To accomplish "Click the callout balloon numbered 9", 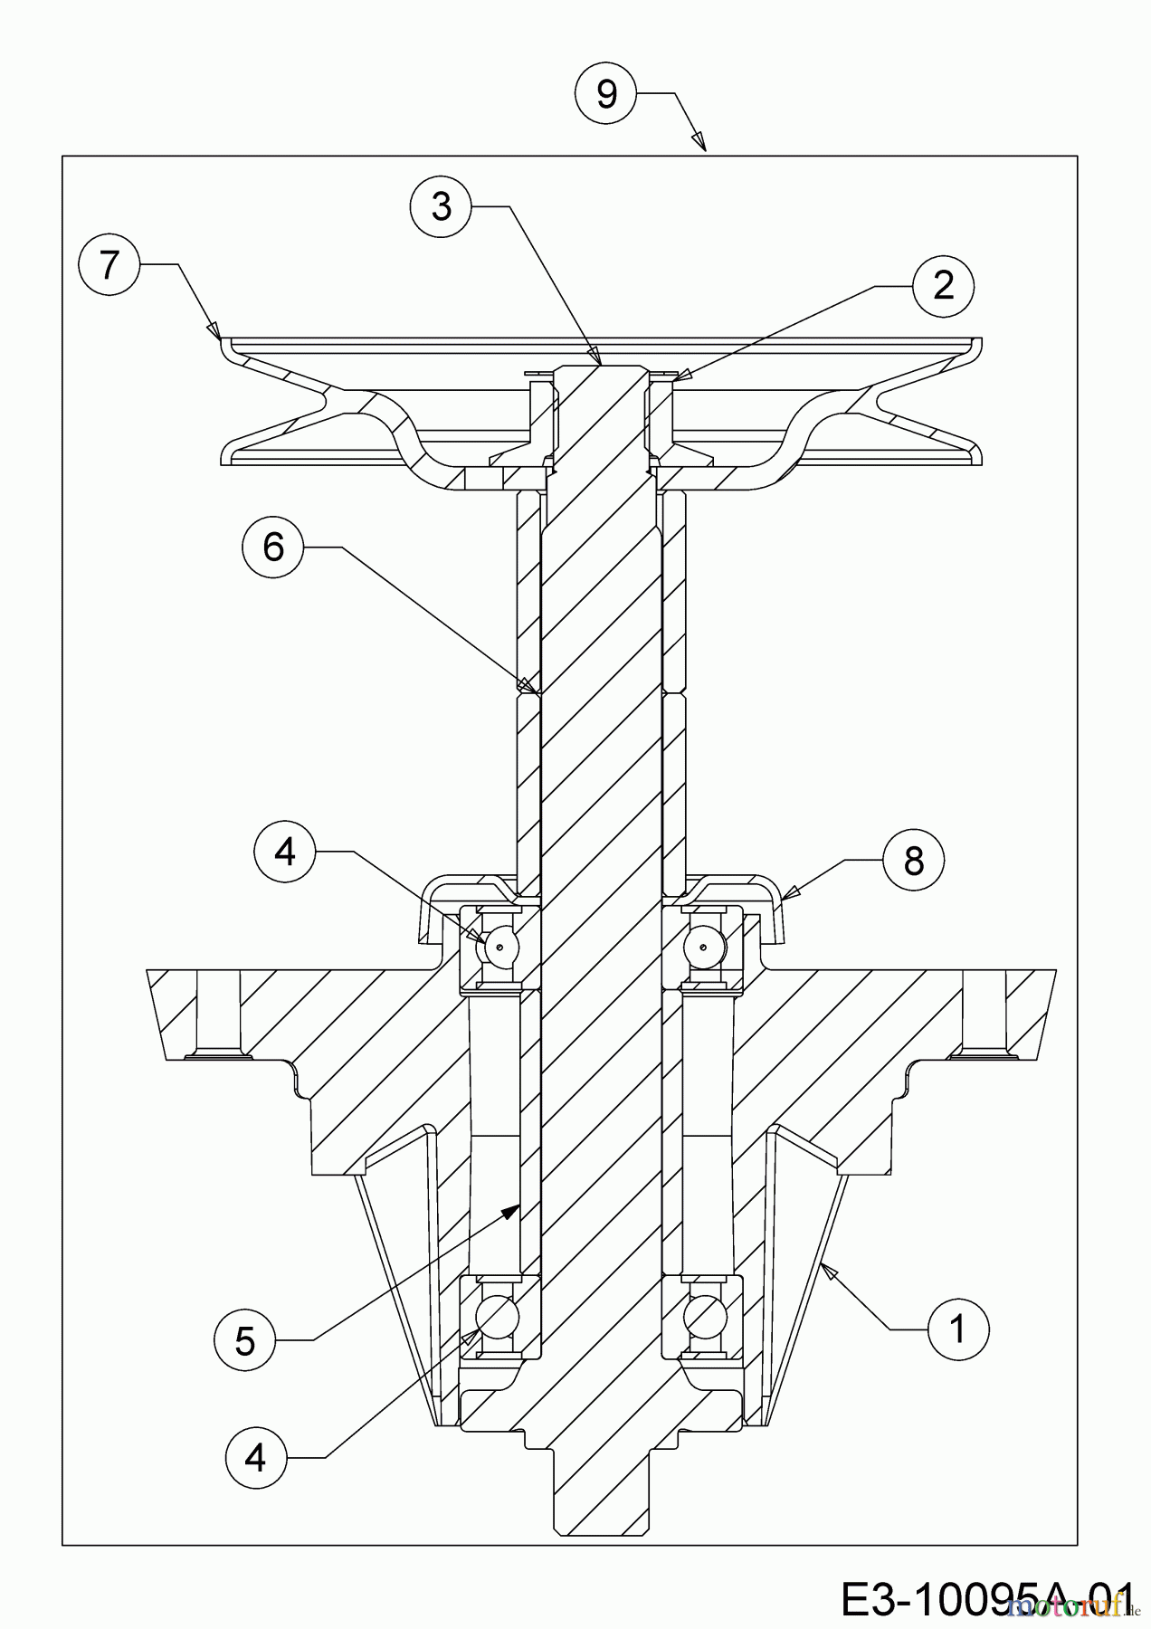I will pos(606,93).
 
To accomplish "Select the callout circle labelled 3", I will pos(441,207).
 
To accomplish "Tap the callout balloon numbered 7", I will pos(109,265).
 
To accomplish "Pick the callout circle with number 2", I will pos(943,286).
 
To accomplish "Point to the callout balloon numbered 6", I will pos(273,548).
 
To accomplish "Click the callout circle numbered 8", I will pos(913,860).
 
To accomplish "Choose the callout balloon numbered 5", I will pos(245,1341).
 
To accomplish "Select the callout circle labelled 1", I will pos(957,1329).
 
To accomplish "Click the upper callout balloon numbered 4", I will pos(285,852).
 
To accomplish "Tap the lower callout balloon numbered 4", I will pos(256,1458).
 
